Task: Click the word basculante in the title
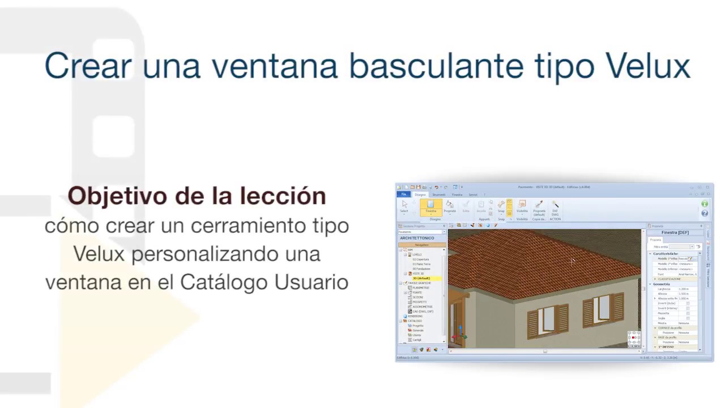[436, 66]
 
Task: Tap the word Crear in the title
[88, 66]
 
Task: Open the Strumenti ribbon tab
[438, 194]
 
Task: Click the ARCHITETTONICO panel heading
[417, 238]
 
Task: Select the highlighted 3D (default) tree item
[421, 278]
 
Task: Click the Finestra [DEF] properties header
[675, 232]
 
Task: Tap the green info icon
[705, 204]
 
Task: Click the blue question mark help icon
[705, 214]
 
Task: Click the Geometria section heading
[661, 284]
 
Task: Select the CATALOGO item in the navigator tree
[415, 321]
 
